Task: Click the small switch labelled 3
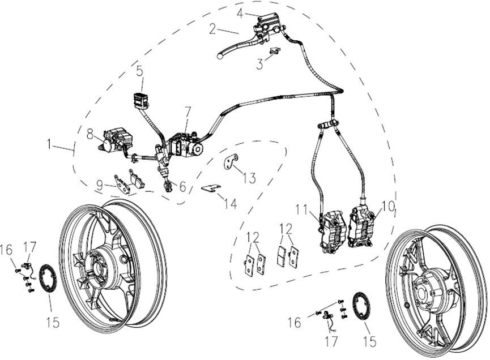tap(275, 52)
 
